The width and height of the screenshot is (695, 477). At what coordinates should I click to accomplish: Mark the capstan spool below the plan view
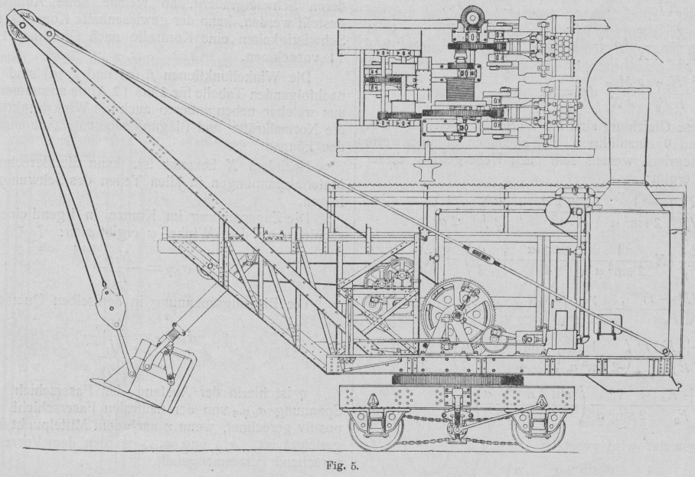coord(423,166)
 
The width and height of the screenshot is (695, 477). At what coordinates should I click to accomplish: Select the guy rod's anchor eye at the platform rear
coord(667,351)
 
